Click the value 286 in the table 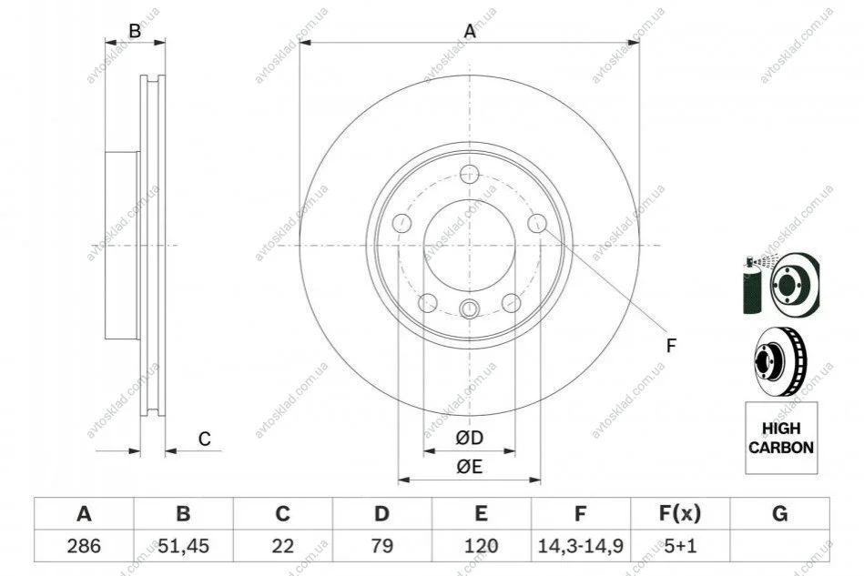pos(84,546)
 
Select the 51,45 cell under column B pos(184,546)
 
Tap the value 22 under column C pos(282,546)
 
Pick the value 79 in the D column pos(381,546)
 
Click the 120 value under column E pos(481,546)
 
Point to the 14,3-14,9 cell pos(580,546)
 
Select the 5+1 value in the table pos(680,546)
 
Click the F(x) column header pos(680,514)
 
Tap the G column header pos(779,514)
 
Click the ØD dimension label pos(470,438)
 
